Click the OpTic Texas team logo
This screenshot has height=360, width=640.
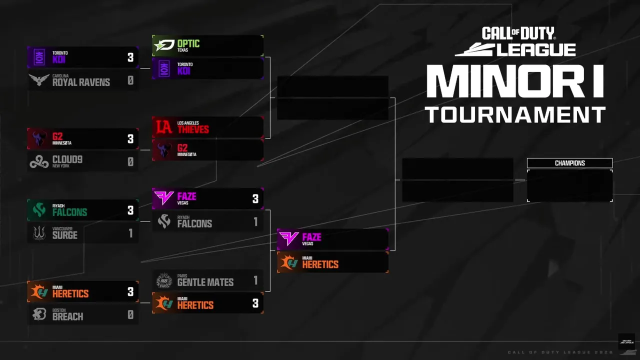tap(163, 46)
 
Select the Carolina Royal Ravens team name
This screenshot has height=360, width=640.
tap(81, 81)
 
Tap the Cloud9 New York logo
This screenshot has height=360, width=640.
tap(38, 161)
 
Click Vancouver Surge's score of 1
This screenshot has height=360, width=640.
tap(130, 233)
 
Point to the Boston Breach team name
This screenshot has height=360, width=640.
tap(67, 316)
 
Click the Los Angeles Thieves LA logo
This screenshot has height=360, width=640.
tap(164, 127)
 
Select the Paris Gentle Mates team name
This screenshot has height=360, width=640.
tap(205, 282)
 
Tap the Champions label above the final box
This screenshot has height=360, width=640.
tap(569, 163)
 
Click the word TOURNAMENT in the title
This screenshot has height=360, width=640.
tap(515, 114)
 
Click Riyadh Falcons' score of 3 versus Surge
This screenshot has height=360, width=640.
tap(130, 210)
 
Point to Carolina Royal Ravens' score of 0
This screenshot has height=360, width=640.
tap(130, 80)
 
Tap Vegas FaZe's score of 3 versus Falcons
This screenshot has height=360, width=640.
tap(255, 199)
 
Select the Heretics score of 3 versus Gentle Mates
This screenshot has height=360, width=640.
tap(255, 303)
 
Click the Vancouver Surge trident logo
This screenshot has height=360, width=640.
tap(39, 233)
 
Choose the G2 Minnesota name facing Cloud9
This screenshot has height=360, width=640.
tap(57, 136)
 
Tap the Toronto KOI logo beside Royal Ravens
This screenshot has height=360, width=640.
tap(38, 57)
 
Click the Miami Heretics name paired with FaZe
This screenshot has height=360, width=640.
tap(320, 264)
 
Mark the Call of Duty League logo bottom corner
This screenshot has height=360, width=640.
tap(626, 341)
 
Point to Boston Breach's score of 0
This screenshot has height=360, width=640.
tap(130, 315)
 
